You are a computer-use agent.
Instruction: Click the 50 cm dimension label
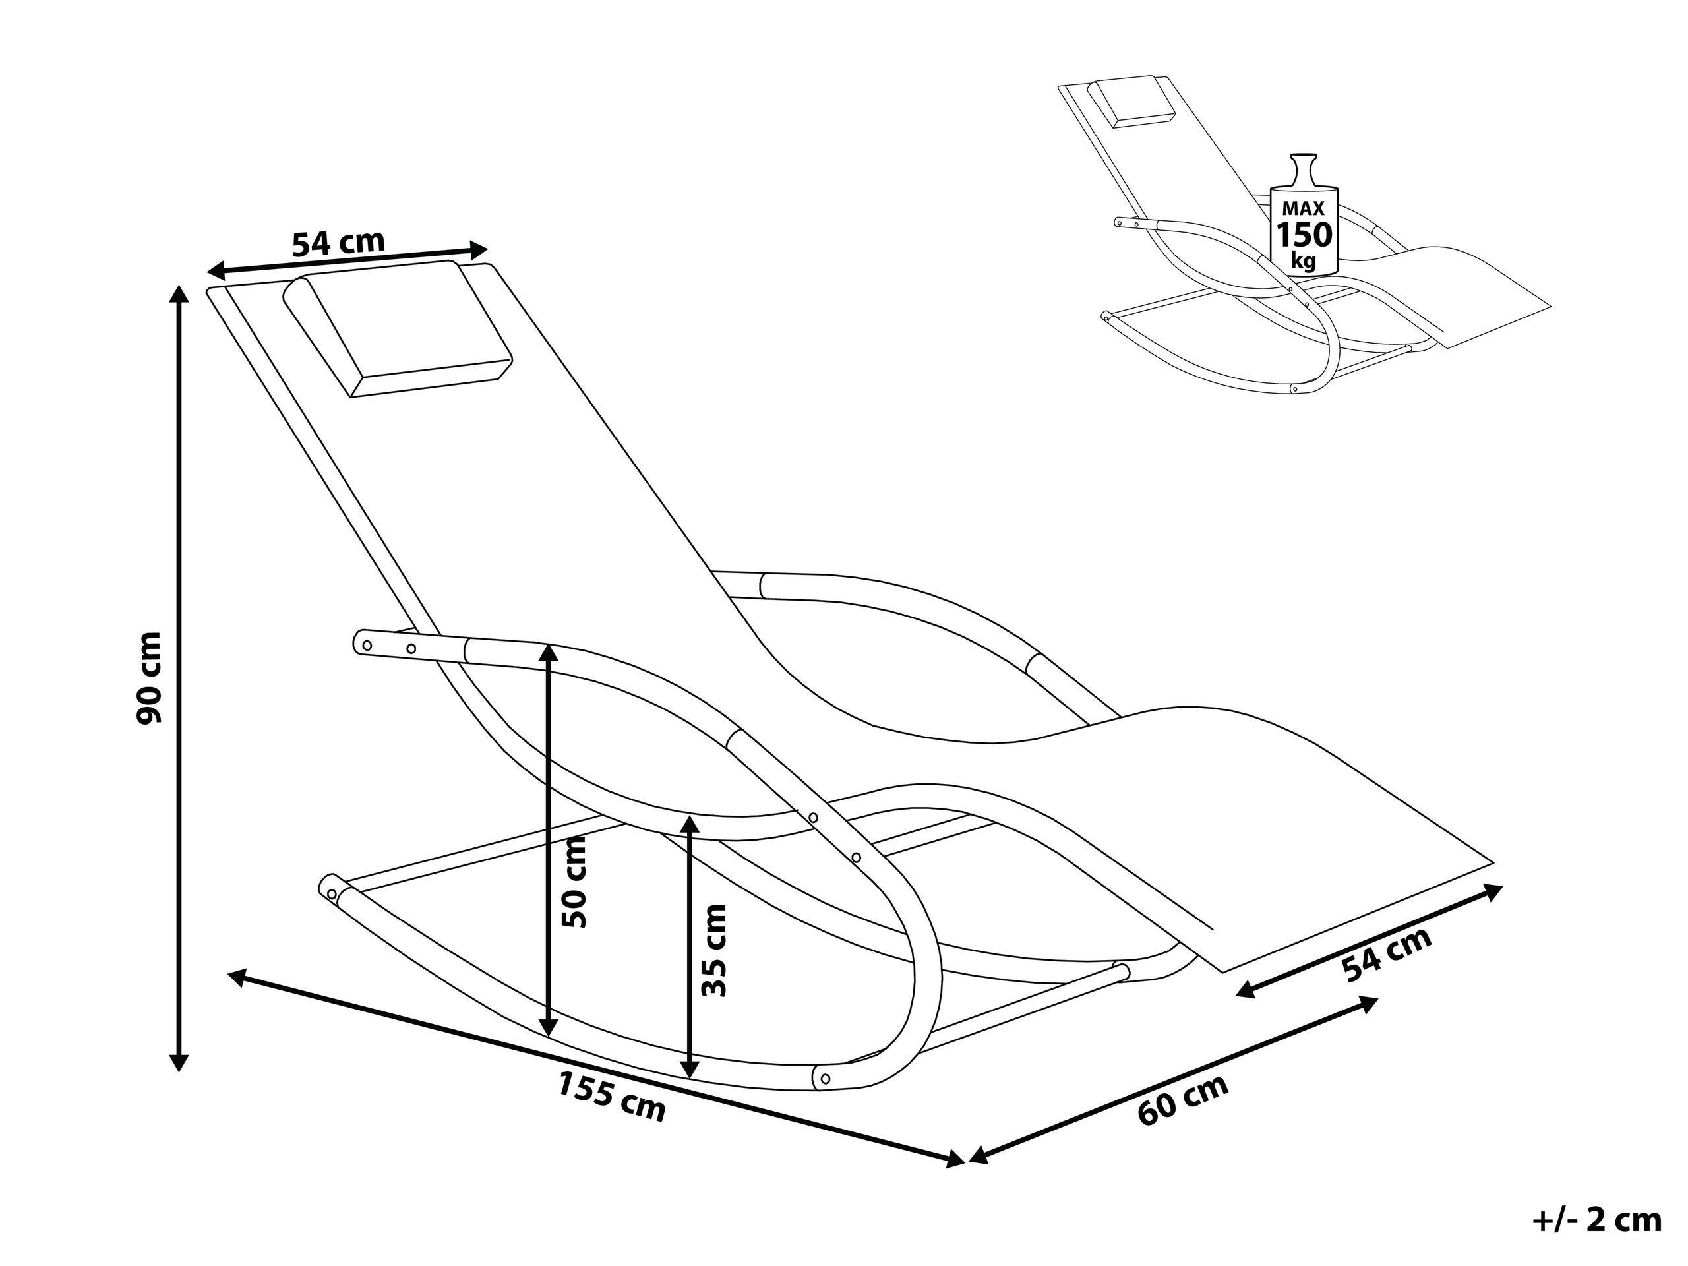pos(574,882)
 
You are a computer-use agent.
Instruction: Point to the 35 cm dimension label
pos(714,951)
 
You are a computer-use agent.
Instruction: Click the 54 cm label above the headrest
pos(339,243)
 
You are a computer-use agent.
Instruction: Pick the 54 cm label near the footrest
pos(1387,955)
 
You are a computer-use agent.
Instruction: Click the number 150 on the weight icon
pos(1305,235)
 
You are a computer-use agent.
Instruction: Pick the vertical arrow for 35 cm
pos(690,947)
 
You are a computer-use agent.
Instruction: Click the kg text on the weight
pos(1304,261)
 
